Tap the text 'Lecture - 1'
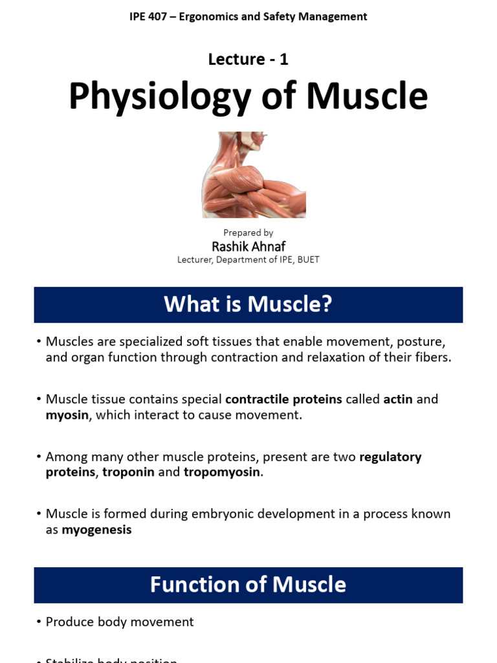click(248, 59)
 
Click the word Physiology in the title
click(160, 96)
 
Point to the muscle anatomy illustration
click(254, 175)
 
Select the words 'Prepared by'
click(248, 232)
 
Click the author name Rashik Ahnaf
click(248, 246)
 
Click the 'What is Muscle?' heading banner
click(248, 304)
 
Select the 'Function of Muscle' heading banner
click(248, 585)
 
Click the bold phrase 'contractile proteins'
click(283, 399)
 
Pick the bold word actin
click(398, 399)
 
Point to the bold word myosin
click(67, 415)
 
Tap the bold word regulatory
click(390, 456)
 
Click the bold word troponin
click(128, 472)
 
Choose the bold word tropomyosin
click(221, 472)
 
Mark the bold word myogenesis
click(96, 530)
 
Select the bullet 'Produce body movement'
click(120, 622)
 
